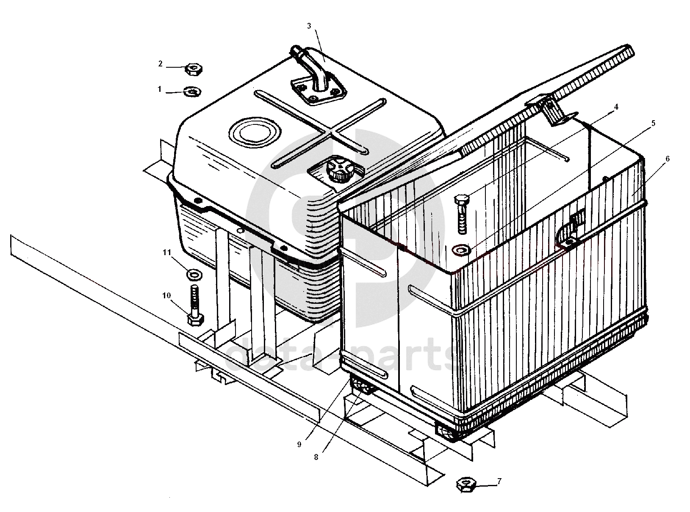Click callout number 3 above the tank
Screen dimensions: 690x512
pyautogui.click(x=309, y=26)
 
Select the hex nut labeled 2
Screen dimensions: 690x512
pyautogui.click(x=193, y=69)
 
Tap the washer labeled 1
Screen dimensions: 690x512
pyautogui.click(x=192, y=92)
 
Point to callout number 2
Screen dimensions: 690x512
pyautogui.click(x=160, y=64)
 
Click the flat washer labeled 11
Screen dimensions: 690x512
pyautogui.click(x=194, y=275)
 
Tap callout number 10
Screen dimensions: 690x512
pyautogui.click(x=167, y=295)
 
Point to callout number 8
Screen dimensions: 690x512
pyautogui.click(x=316, y=457)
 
